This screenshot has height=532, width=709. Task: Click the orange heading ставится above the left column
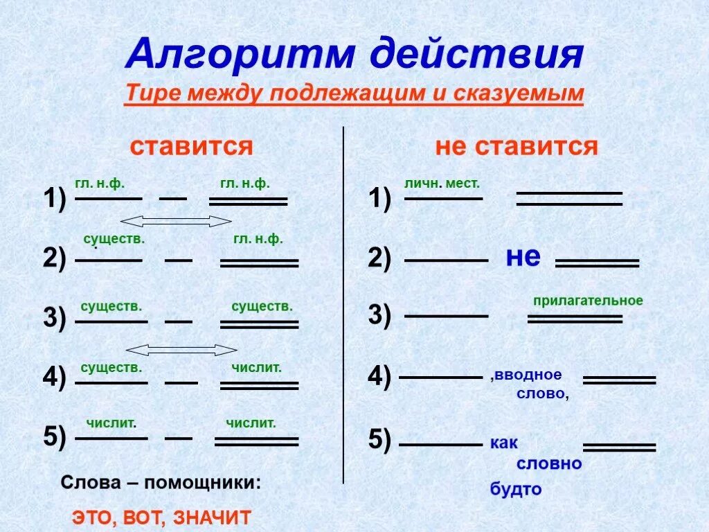coord(192,146)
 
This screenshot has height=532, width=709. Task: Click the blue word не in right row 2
coord(523,257)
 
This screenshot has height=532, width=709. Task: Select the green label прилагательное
coord(588,301)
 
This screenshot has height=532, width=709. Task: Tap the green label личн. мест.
coord(442,184)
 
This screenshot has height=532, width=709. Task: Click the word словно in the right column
coord(549,463)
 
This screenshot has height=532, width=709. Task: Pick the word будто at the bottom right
coord(516,489)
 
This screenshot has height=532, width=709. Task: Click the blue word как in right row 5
coord(504,443)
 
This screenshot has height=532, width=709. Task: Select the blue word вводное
coord(528,375)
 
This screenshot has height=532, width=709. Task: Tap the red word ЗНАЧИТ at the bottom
coord(212,517)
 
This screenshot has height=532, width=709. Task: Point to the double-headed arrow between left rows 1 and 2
coord(177,221)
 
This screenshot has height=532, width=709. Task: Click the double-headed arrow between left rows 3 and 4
coord(181,350)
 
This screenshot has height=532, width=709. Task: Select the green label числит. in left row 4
coord(256,368)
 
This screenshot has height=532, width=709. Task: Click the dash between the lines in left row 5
coord(179,438)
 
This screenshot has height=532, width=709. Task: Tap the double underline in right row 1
coord(569,199)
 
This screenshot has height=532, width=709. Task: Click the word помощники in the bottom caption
coord(203,482)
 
